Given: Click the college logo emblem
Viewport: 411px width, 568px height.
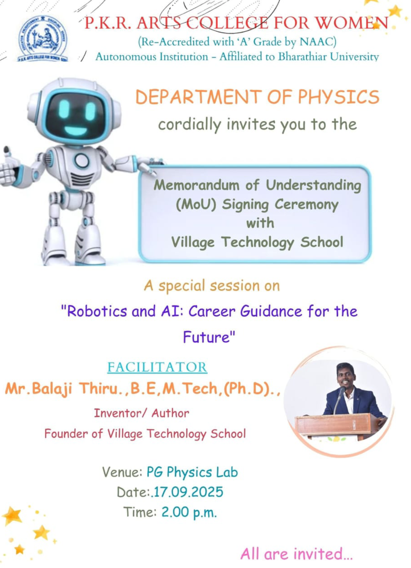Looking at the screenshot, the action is point(43,39).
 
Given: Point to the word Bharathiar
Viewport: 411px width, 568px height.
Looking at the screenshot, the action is point(302,56).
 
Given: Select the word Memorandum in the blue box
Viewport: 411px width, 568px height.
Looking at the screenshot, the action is point(196,185).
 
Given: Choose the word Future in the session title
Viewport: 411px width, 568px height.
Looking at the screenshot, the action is point(206,337).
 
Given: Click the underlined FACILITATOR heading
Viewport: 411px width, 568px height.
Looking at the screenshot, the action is point(157,367).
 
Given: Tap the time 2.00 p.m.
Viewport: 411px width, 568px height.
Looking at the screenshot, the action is point(189,512).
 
